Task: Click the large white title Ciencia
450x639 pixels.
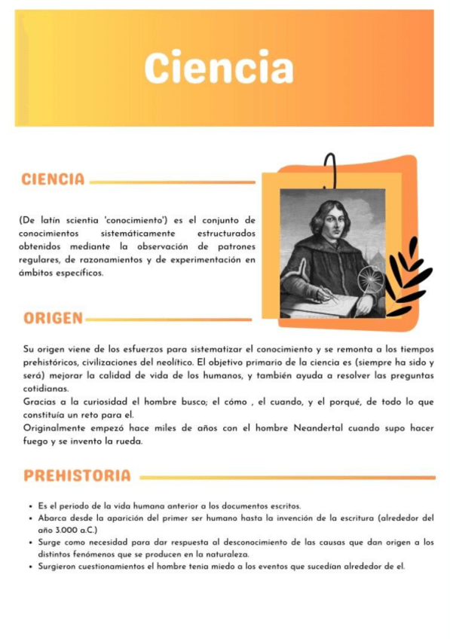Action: [x=219, y=68]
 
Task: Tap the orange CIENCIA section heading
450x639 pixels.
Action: [x=53, y=180]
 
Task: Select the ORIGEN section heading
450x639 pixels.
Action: [x=53, y=318]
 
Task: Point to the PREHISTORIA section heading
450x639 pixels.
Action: [x=77, y=476]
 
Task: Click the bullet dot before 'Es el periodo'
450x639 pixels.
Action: [x=29, y=506]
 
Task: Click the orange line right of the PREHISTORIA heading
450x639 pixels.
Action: [x=286, y=477]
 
